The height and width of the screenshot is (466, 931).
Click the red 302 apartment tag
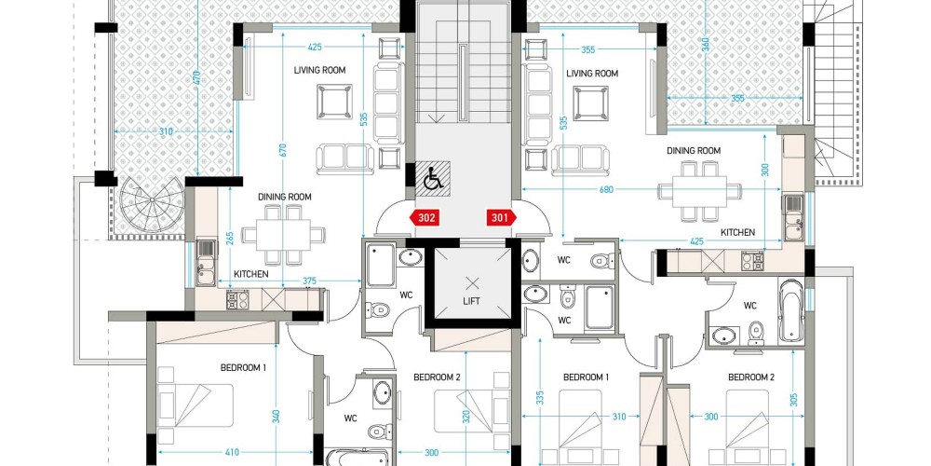point(426,218)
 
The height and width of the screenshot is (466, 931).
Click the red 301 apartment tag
point(501,218)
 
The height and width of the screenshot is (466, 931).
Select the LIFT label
point(471,301)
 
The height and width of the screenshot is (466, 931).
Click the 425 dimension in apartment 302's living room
point(316,47)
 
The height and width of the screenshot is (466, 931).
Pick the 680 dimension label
point(606,190)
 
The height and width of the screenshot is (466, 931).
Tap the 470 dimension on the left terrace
point(196,77)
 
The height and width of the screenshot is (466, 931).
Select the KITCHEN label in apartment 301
point(738,232)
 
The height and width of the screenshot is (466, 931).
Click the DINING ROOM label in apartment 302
point(284,197)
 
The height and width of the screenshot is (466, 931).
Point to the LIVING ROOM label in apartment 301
point(592,74)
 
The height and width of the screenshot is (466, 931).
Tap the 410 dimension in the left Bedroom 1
point(232,452)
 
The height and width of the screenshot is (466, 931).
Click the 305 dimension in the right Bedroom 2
point(794,402)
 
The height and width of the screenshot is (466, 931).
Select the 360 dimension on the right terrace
point(706,45)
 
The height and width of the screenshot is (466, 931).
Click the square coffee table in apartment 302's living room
point(334,102)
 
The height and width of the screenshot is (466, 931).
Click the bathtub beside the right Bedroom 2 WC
point(791,310)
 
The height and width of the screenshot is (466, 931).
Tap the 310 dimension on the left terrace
point(166,131)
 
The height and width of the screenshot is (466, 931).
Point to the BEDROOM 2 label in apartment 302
point(437,377)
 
